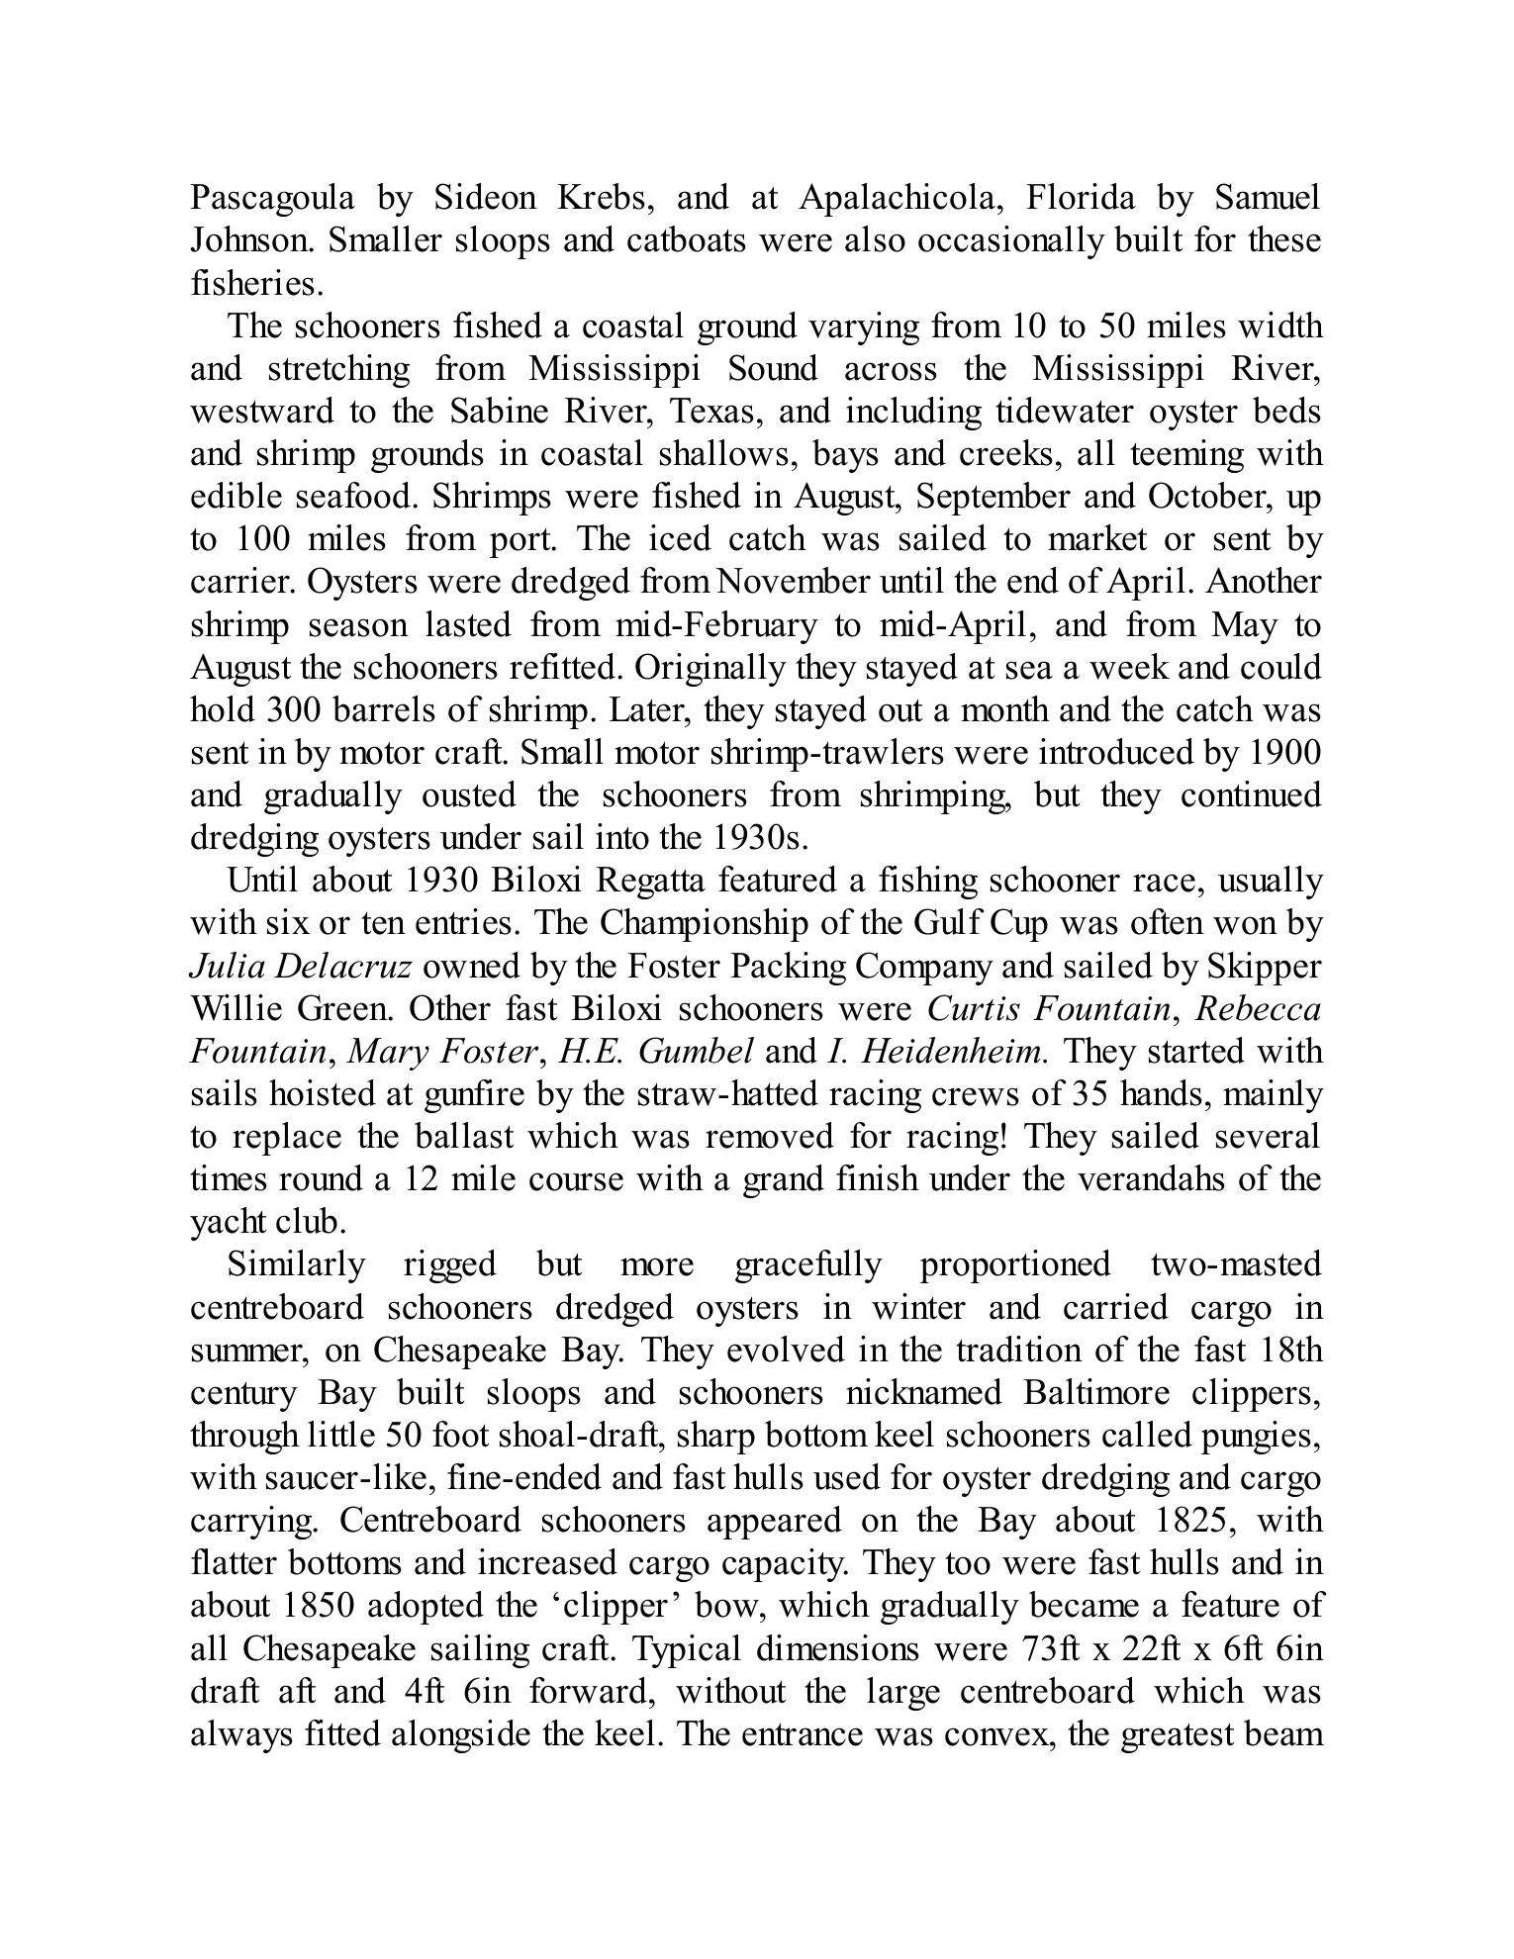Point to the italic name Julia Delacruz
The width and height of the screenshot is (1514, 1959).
(300, 967)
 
